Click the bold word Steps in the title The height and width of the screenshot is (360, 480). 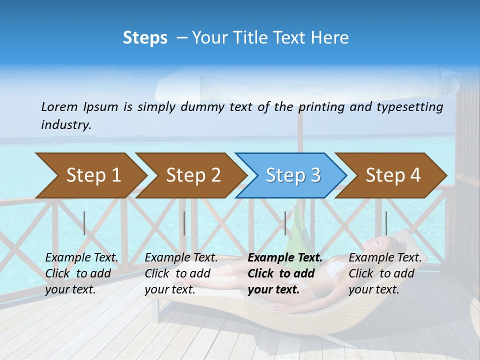145,38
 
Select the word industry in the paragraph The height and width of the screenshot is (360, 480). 66,124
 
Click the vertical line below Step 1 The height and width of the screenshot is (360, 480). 84,223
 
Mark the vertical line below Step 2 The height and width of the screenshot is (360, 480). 184,223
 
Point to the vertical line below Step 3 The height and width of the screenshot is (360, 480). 285,223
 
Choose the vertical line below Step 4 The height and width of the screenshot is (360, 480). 386,223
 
